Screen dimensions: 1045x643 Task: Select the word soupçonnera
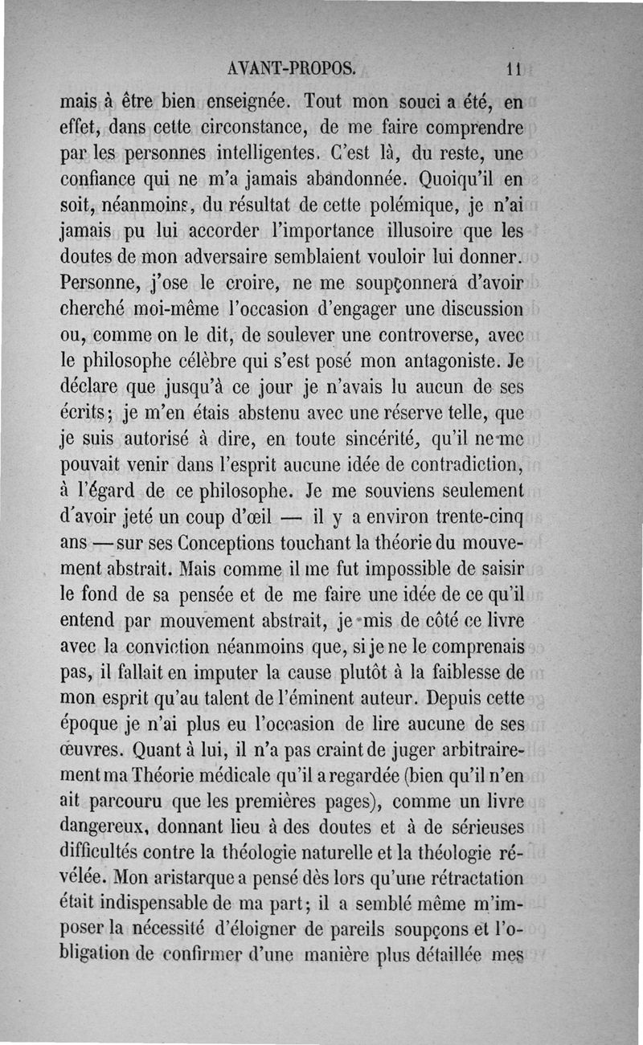click(x=408, y=284)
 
